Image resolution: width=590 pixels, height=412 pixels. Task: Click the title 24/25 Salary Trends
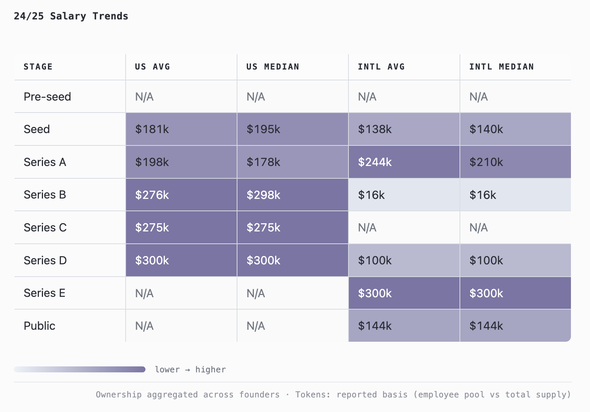coord(71,16)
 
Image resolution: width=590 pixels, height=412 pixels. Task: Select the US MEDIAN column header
coord(273,67)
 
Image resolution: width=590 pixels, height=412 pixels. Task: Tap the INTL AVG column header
coord(381,67)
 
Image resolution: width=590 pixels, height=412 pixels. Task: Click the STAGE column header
coord(38,67)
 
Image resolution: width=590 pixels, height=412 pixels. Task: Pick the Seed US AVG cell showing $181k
coord(181,129)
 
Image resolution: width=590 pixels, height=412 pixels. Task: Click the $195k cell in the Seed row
coord(293,129)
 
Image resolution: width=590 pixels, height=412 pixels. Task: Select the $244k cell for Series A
coord(404,162)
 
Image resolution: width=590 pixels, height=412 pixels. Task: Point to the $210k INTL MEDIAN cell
coord(515,162)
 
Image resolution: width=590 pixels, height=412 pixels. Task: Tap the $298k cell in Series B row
coord(293,195)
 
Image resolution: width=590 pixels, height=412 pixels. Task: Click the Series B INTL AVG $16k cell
coord(404,195)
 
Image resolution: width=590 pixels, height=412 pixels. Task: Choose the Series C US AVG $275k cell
coord(181,227)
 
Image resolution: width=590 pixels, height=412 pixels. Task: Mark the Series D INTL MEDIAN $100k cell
coord(515,260)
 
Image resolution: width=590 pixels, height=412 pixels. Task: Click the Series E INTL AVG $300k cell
coord(404,293)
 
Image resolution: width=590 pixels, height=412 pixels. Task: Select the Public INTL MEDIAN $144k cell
coord(515,326)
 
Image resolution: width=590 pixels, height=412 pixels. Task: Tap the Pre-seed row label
coord(47,97)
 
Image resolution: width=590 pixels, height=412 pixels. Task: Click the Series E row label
coord(44,293)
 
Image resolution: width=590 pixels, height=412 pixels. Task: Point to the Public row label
coord(39,326)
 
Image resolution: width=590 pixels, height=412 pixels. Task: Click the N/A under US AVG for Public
coord(144,326)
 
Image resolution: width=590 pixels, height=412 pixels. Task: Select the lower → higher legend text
coord(190,370)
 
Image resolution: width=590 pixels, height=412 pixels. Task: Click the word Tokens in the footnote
coord(312,395)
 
